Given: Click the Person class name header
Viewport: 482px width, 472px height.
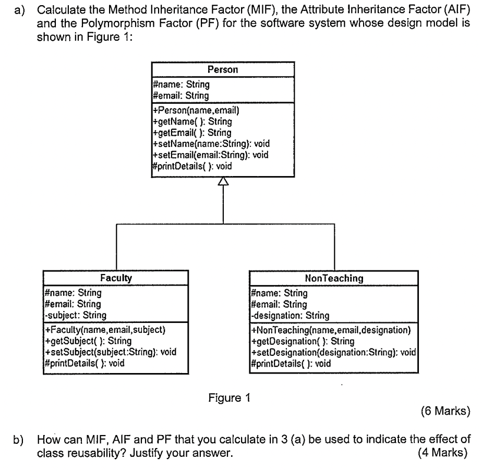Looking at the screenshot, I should (223, 69).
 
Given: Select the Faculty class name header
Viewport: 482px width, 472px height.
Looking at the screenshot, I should (115, 278).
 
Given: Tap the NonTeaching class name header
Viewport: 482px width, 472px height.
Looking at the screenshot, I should (334, 278).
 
